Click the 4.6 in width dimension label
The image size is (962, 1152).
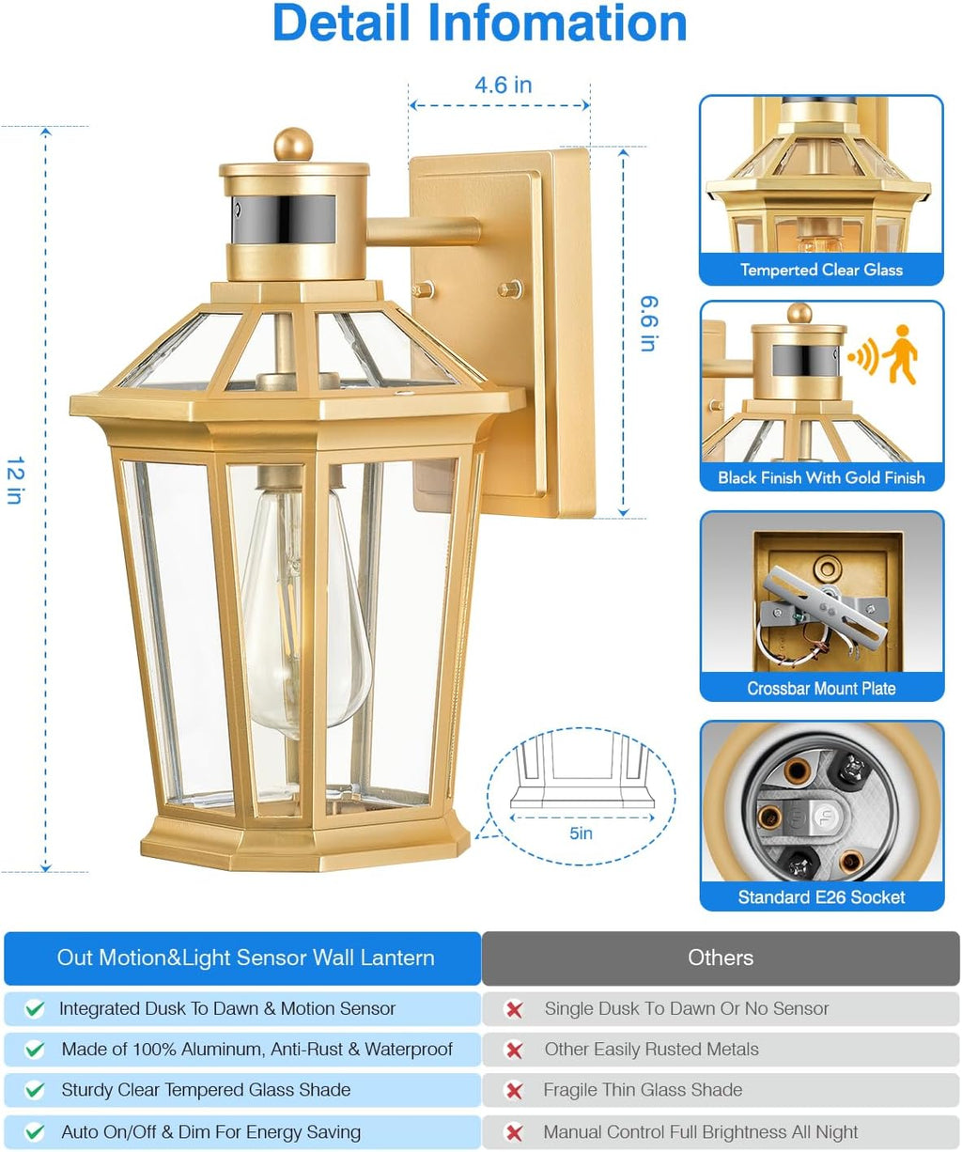[x=503, y=86]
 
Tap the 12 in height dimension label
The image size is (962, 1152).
[x=15, y=480]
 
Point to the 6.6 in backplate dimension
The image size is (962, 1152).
[x=649, y=323]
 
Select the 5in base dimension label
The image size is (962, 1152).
[x=581, y=833]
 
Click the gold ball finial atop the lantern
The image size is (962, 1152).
[x=293, y=145]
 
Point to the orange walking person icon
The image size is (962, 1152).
[x=901, y=354]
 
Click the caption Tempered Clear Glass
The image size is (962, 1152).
[x=821, y=270]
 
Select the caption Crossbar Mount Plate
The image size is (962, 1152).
[x=821, y=688]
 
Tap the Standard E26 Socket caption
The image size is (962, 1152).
[x=821, y=897]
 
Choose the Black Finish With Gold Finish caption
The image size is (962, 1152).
[x=821, y=477]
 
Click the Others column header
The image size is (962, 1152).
[x=721, y=957]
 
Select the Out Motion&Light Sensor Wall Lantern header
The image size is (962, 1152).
[x=245, y=957]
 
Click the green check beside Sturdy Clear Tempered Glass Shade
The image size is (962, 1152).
[x=35, y=1090]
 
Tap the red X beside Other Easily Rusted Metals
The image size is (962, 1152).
[x=514, y=1050]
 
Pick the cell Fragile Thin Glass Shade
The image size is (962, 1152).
[x=643, y=1090]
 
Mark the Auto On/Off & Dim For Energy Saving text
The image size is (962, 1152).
[x=210, y=1132]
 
